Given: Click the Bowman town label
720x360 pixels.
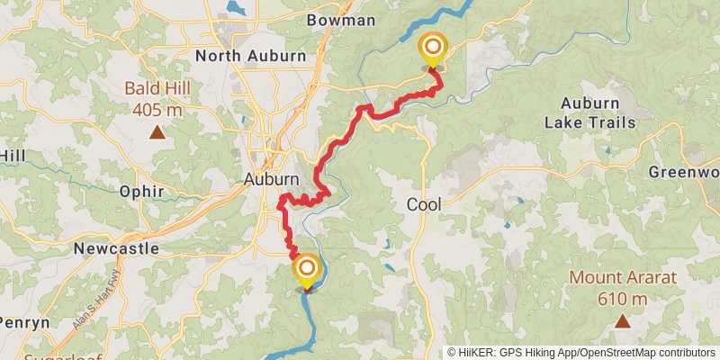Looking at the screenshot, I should (x=340, y=19).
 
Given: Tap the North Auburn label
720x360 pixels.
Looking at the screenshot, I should (x=251, y=56).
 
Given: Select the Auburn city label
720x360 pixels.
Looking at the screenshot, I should (x=271, y=179).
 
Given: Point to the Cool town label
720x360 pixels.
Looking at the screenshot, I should (x=423, y=204).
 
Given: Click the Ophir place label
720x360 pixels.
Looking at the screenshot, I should (x=141, y=191).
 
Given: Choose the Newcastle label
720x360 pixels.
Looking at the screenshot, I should (x=117, y=247).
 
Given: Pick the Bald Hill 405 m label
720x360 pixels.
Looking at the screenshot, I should (x=157, y=100).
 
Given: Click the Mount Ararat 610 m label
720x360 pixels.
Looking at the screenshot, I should (x=621, y=288).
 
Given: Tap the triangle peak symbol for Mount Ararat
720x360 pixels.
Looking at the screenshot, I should (x=622, y=320).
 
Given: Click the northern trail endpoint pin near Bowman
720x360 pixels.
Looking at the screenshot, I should (x=433, y=48).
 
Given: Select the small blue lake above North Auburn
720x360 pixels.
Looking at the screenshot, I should (x=236, y=7).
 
